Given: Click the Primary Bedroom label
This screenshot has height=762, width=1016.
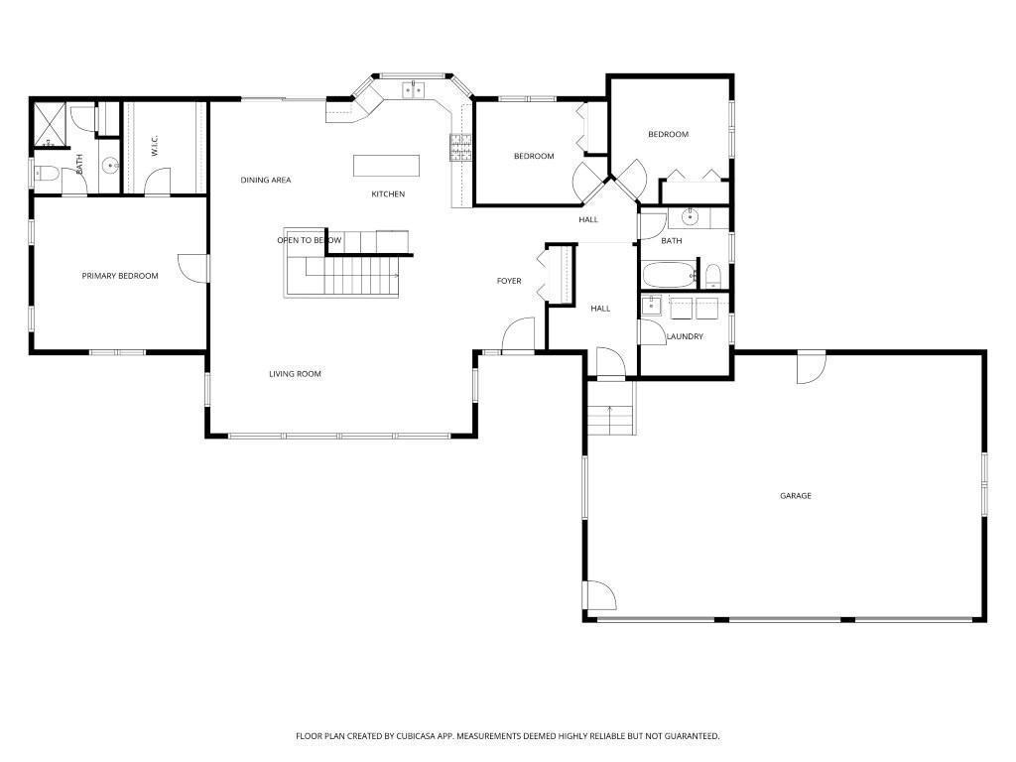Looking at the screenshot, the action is [120, 276].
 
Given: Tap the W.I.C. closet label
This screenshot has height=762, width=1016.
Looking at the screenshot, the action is [154, 146].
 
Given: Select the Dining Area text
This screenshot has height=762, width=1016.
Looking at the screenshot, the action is [266, 181].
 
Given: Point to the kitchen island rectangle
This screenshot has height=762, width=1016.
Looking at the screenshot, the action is [386, 166].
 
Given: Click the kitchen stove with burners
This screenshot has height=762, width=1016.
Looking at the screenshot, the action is [460, 147].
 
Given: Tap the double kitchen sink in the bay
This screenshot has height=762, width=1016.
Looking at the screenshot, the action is [413, 89].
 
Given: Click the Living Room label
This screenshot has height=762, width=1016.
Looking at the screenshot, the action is [295, 374].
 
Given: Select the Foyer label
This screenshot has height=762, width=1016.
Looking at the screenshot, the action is [509, 281].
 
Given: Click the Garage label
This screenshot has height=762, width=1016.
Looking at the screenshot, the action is [795, 496].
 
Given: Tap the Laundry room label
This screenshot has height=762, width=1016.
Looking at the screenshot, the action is [685, 337].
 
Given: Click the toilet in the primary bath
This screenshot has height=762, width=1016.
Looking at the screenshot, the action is [46, 173].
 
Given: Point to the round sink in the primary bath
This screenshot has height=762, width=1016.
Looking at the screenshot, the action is [111, 166].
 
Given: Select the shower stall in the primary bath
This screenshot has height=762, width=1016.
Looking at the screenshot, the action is [50, 125].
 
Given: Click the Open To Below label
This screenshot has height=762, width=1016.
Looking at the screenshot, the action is [310, 240].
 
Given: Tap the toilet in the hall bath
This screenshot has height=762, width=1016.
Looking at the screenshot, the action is [712, 276].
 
